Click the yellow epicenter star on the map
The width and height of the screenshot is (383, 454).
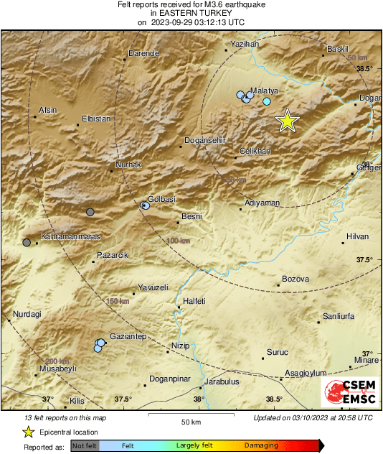[287, 121]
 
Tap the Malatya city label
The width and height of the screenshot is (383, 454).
[264, 91]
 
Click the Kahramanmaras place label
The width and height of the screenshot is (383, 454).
[60, 236]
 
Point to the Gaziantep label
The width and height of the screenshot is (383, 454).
[127, 336]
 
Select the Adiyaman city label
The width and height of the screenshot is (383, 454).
[262, 203]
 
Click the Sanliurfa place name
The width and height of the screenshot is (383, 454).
[340, 316]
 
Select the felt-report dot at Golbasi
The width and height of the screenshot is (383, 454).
[145, 205]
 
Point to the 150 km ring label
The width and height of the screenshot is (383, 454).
[118, 301]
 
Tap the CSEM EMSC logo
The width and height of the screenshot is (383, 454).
[350, 392]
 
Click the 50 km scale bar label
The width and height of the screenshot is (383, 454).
[190, 421]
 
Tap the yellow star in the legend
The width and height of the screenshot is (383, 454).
[28, 432]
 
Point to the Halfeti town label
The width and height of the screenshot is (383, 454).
[195, 301]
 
